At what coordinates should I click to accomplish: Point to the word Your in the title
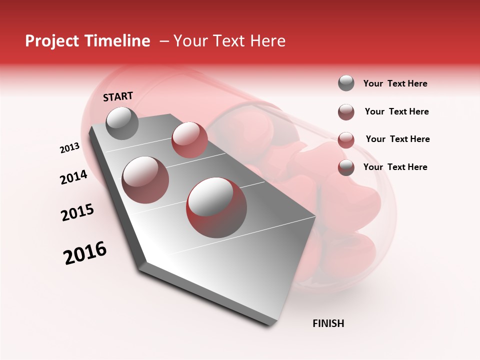[x=190, y=41]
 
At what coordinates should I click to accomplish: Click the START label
[x=118, y=96]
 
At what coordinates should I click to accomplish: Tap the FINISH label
[x=328, y=323]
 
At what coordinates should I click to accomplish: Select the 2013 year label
[x=70, y=148]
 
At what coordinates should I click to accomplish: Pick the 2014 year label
[x=74, y=177]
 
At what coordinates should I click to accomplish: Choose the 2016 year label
[x=85, y=253]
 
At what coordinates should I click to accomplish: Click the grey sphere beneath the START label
[x=122, y=123]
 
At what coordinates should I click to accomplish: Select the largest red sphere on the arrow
[x=216, y=207]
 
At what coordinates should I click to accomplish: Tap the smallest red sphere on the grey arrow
[x=189, y=140]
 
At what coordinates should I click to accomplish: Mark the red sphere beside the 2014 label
[x=145, y=180]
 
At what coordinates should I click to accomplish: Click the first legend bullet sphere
[x=346, y=83]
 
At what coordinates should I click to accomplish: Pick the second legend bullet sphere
[x=346, y=112]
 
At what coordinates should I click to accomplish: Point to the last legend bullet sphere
[x=346, y=167]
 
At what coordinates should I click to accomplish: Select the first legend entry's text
[x=395, y=84]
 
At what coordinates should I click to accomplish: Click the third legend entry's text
[x=397, y=139]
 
